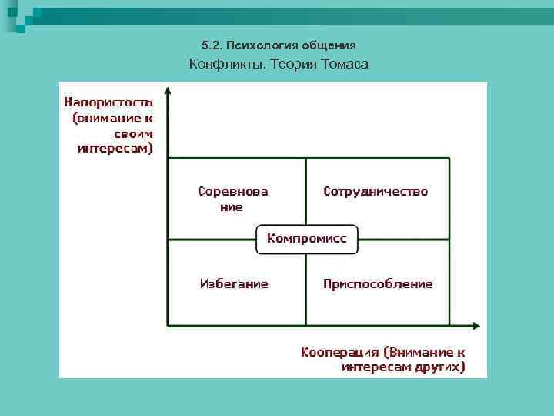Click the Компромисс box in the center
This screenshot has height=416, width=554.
click(307, 239)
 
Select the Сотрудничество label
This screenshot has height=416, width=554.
click(375, 191)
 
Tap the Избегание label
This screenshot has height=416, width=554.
click(234, 283)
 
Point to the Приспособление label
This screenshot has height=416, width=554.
click(378, 284)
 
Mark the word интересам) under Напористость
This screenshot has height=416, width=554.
click(115, 147)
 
